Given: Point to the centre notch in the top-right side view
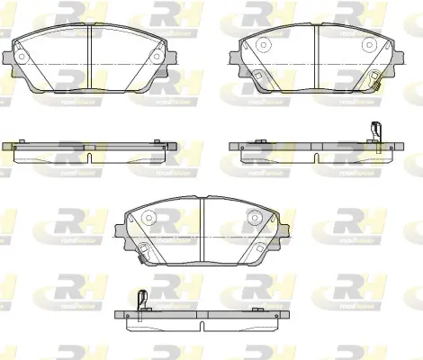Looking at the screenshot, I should [x=317, y=157].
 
